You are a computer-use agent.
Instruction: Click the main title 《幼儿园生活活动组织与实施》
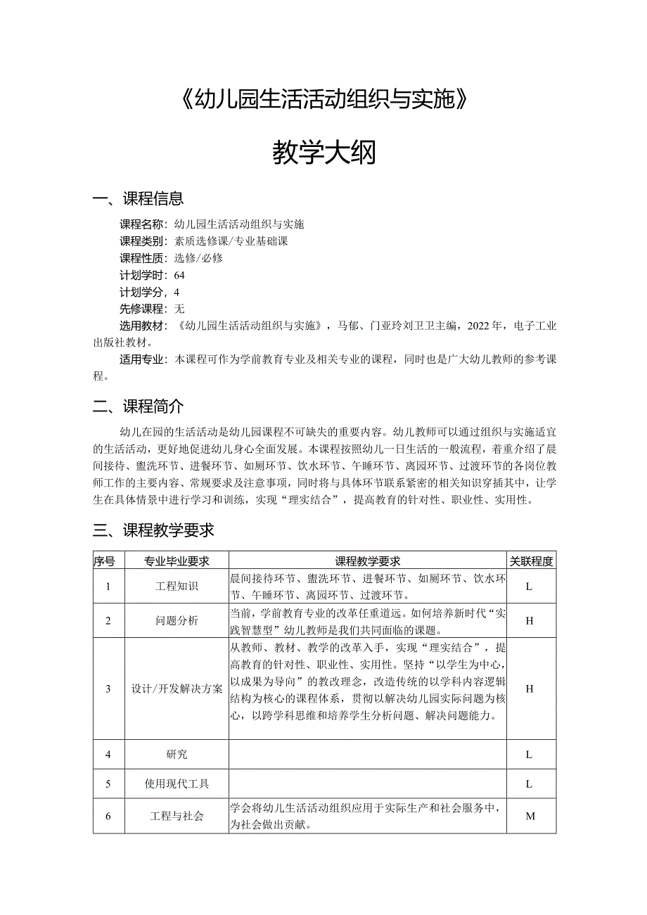click(x=323, y=101)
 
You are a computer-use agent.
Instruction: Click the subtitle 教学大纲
click(x=324, y=153)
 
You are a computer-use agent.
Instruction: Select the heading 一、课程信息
click(x=139, y=199)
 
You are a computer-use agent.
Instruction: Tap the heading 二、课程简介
click(x=139, y=407)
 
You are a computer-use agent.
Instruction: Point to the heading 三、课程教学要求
click(x=153, y=530)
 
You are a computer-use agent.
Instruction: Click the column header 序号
click(x=108, y=561)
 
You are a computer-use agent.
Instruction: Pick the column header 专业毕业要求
click(x=177, y=561)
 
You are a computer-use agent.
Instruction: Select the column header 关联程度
click(x=531, y=561)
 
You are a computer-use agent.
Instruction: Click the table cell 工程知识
click(x=177, y=587)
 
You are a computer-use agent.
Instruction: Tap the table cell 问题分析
click(x=177, y=621)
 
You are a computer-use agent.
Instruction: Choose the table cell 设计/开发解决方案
click(x=177, y=689)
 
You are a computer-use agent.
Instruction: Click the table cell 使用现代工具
click(x=177, y=783)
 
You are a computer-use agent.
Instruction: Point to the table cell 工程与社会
click(x=177, y=816)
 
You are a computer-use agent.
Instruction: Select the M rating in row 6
click(x=530, y=816)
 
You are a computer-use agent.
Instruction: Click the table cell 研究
click(x=177, y=755)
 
